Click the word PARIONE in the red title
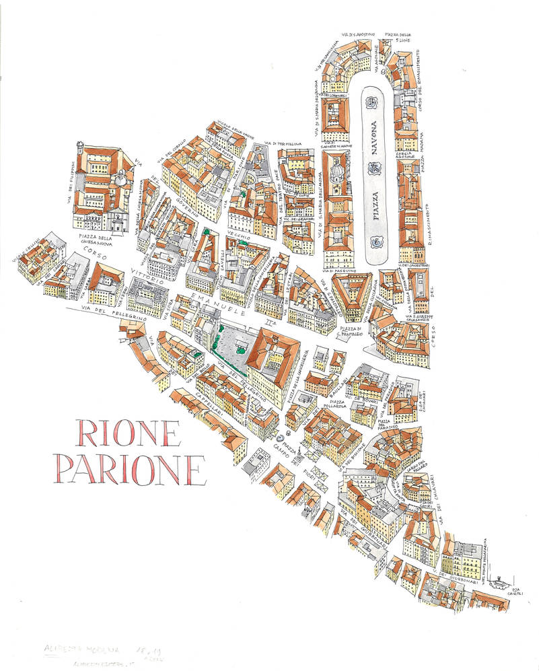[x=129, y=468]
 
